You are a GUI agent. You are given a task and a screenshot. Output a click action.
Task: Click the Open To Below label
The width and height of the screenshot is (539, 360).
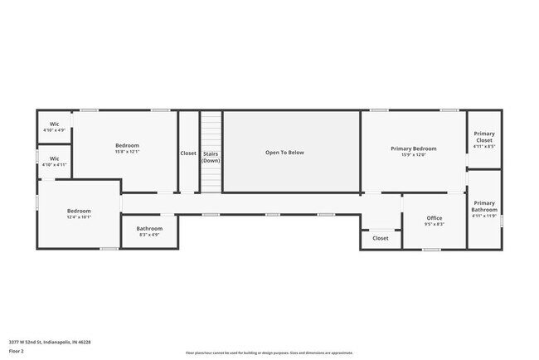point(284,153)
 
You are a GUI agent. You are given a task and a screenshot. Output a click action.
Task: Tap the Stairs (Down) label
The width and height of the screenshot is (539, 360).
point(211,157)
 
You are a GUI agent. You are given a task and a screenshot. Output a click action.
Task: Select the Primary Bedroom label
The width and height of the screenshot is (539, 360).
point(413,148)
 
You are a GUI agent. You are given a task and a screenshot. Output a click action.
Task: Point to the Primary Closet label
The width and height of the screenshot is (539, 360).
point(484,137)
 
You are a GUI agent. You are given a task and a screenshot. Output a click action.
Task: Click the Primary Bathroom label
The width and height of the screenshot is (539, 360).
point(484,207)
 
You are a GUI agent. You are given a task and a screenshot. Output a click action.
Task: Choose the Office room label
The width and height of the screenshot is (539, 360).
point(434,218)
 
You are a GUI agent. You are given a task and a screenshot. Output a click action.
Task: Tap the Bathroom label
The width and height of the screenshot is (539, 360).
point(149,228)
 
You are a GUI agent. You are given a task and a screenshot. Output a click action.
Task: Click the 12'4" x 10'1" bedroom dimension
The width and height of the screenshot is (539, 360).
point(79,217)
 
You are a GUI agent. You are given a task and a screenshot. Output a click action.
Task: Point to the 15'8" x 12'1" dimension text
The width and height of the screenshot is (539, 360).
point(127,152)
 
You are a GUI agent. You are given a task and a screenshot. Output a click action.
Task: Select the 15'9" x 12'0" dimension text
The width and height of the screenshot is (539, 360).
point(413,155)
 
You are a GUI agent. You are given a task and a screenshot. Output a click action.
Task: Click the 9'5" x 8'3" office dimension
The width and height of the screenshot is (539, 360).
point(434,225)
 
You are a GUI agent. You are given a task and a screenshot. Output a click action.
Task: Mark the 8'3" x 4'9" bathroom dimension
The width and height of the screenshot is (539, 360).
point(149,235)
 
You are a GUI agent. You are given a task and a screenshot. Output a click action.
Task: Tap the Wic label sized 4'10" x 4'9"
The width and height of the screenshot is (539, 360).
point(54,124)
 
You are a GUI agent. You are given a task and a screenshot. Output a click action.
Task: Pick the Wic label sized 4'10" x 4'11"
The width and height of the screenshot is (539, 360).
point(54,158)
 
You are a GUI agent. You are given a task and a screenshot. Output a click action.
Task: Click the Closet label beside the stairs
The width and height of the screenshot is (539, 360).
point(188,153)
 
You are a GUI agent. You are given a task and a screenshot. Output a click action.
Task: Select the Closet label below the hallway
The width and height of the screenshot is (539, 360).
point(380,238)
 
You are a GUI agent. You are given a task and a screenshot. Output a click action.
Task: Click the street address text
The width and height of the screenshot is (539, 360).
point(50,342)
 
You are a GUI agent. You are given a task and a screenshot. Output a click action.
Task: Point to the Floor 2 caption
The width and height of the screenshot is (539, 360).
point(17,352)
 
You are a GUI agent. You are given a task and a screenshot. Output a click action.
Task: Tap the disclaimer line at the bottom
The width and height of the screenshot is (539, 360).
point(269,353)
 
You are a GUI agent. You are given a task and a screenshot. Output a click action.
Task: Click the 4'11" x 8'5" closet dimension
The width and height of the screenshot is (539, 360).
point(484,147)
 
